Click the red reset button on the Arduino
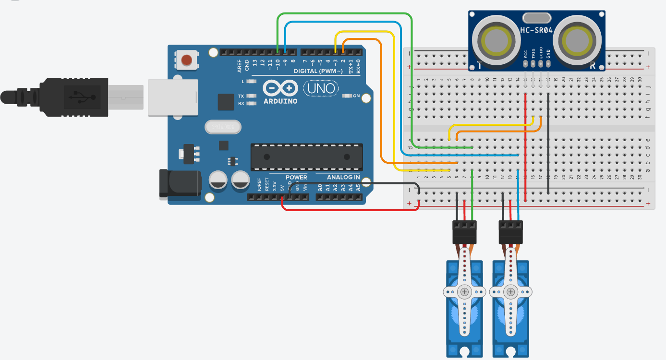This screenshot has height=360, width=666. click(187, 60)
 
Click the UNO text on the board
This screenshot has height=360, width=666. click(321, 88)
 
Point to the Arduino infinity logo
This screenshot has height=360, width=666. click(280, 88)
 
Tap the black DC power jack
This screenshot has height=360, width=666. click(180, 184)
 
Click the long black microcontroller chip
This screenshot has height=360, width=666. click(306, 157)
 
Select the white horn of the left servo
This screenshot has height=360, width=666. click(464, 291)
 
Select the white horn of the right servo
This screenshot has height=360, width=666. click(511, 291)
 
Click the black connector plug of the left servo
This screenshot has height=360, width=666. click(464, 232)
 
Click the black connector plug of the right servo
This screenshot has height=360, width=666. click(511, 232)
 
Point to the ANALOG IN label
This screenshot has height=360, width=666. click(343, 177)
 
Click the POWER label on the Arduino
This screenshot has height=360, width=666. click(296, 177)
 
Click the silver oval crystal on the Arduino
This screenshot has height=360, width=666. click(223, 127)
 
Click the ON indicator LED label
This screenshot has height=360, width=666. click(356, 96)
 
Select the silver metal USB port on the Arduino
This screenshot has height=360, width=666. click(173, 97)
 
